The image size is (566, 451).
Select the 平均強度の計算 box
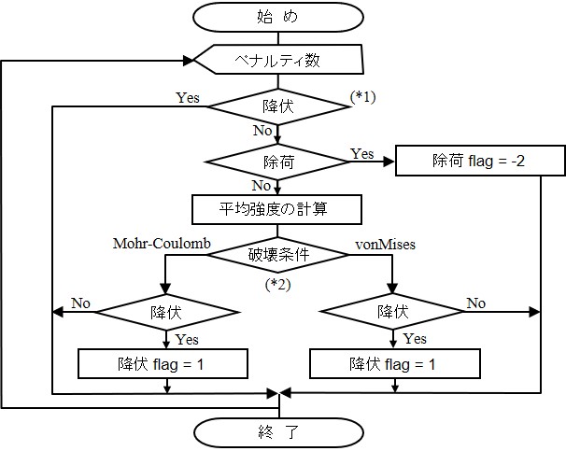[276, 209]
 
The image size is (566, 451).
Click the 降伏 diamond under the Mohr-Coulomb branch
[166, 309]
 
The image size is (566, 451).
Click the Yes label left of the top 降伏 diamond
[186, 96]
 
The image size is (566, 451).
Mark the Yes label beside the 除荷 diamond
[362, 151]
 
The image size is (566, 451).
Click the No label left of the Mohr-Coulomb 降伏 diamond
[80, 303]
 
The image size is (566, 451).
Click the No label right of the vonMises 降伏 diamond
[476, 303]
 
